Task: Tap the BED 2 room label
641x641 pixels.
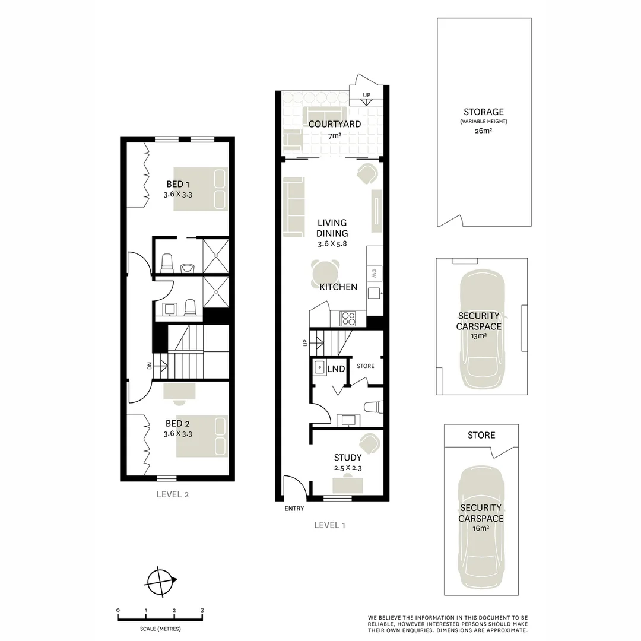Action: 177,423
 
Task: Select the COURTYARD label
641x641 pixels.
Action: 335,124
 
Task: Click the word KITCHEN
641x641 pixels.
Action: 338,287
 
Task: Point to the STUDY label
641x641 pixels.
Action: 347,458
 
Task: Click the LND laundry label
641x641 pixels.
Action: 336,369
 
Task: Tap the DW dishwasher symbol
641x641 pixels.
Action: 375,274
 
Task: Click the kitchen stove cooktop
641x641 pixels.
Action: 347,319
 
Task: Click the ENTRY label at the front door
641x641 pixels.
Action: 294,509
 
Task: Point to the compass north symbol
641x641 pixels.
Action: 160,580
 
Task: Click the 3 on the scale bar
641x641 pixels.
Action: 202,610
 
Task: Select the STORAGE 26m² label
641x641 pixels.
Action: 484,112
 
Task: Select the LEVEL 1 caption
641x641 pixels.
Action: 329,525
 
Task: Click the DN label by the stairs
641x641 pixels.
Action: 150,365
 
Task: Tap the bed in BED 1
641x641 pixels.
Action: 201,189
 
